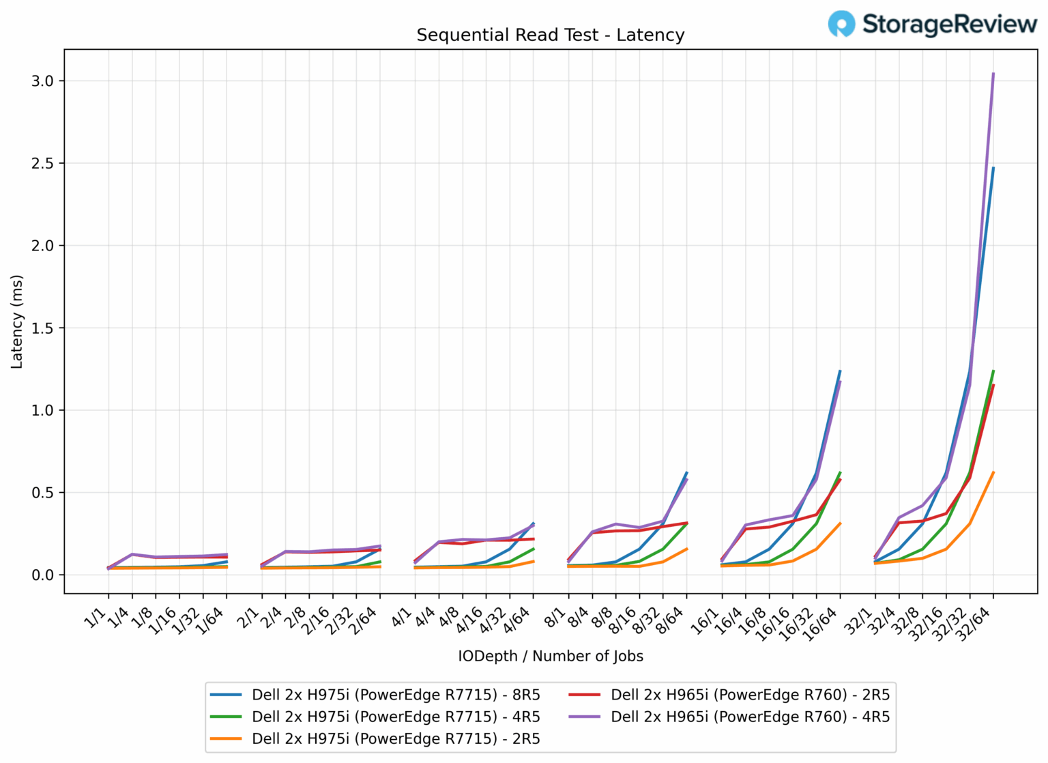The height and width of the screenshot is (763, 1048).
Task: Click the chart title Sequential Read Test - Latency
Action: pyautogui.click(x=550, y=35)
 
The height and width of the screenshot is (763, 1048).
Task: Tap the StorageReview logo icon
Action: pyautogui.click(x=841, y=24)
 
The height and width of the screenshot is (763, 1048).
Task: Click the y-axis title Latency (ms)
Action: pyautogui.click(x=17, y=321)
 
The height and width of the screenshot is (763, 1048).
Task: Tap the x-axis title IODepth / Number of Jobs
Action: pyautogui.click(x=550, y=657)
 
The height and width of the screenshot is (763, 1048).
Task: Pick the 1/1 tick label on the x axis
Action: pyautogui.click(x=96, y=618)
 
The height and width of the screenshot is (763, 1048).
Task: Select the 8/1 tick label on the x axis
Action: pyautogui.click(x=555, y=618)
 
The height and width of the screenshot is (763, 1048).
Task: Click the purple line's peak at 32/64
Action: pyautogui.click(x=993, y=74)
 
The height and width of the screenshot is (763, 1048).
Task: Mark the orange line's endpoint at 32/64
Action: pyautogui.click(x=993, y=472)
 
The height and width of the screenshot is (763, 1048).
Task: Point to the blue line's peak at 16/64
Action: pyautogui.click(x=840, y=371)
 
